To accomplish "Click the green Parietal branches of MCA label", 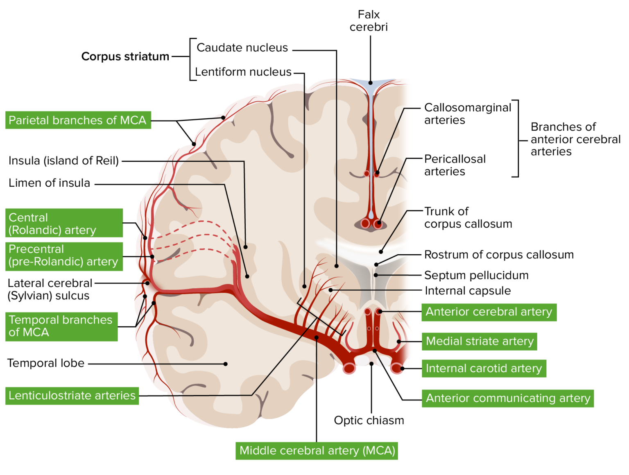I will [78, 120].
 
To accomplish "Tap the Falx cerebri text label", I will [369, 21].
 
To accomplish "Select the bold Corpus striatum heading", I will [125, 57].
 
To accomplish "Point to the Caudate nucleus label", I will [242, 48].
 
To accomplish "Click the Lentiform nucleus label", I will [243, 72].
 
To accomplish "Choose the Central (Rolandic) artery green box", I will [64, 224].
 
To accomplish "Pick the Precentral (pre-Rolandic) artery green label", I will [64, 256].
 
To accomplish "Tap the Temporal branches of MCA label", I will [61, 326].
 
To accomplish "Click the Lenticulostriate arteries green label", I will [72, 396].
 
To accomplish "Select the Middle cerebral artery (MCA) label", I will [317, 451].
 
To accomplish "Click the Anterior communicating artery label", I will [507, 398].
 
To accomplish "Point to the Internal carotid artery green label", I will [484, 369].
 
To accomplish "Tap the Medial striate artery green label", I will [479, 341].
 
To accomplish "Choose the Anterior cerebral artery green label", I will [489, 312].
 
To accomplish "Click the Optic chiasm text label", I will [369, 421].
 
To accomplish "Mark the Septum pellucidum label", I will [476, 275].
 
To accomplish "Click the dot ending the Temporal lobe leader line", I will [226, 364].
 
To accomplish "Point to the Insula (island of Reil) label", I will [63, 161].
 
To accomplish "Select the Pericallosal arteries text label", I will [455, 165].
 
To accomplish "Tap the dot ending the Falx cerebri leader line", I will [370, 83].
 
